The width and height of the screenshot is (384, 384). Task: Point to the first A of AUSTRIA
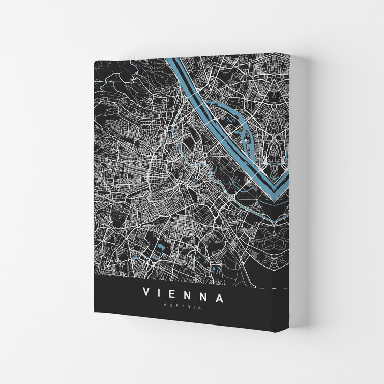(165, 307)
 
